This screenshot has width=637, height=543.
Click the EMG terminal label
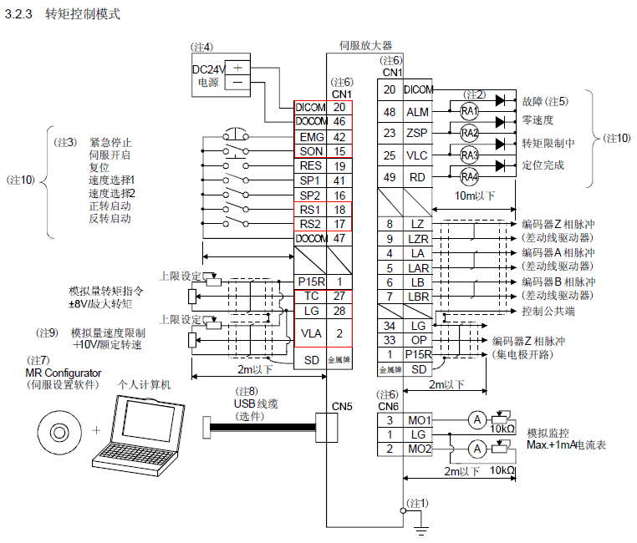tap(310, 137)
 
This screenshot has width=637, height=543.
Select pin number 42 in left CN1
tap(339, 137)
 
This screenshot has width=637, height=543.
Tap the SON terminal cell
tap(310, 151)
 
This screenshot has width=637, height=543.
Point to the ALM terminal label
tap(417, 112)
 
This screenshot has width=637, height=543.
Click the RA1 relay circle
tap(469, 111)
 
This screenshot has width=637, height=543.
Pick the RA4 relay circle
tap(469, 176)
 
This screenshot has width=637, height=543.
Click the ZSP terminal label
tap(417, 133)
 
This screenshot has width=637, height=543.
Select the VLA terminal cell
tap(310, 332)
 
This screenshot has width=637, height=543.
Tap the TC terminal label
tap(310, 296)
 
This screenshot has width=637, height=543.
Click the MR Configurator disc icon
tap(59, 431)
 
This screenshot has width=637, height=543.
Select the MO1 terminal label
tap(418, 419)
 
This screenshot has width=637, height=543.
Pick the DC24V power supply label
tap(209, 68)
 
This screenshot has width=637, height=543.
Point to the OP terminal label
tap(418, 340)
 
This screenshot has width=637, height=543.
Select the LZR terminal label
tap(418, 238)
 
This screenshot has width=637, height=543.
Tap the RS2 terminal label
tap(310, 223)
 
